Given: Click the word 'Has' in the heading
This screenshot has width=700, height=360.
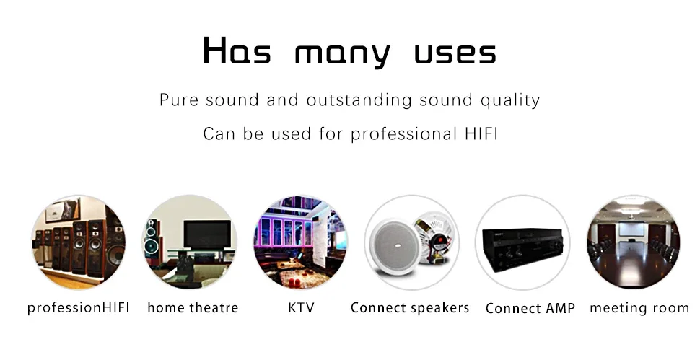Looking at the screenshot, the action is pyautogui.click(x=237, y=51).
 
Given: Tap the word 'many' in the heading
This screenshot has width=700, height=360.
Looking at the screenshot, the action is pyautogui.click(x=342, y=54).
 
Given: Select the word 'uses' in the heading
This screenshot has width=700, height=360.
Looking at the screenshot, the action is pyautogui.click(x=455, y=53).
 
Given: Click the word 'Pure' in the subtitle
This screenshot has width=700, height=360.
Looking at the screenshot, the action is pyautogui.click(x=178, y=100).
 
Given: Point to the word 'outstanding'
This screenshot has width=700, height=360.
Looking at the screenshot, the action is pyautogui.click(x=359, y=100).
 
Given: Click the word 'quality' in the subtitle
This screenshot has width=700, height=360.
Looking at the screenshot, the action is pyautogui.click(x=510, y=100).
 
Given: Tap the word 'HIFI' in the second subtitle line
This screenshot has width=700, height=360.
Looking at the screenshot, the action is pyautogui.click(x=481, y=133).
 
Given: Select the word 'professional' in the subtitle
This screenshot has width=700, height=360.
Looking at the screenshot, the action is pyautogui.click(x=403, y=134).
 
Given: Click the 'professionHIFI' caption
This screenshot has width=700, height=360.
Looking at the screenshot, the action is pyautogui.click(x=78, y=308).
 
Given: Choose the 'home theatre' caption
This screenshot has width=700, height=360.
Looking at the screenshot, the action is pyautogui.click(x=193, y=308).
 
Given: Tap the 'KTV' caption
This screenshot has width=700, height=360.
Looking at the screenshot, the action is pyautogui.click(x=302, y=308).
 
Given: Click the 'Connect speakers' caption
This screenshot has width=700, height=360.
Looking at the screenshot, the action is pyautogui.click(x=410, y=308).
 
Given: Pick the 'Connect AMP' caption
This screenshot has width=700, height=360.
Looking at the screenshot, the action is pyautogui.click(x=530, y=308).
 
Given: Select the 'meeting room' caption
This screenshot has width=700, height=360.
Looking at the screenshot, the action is pyautogui.click(x=639, y=308).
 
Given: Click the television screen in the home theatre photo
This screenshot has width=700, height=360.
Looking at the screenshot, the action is pyautogui.click(x=207, y=234).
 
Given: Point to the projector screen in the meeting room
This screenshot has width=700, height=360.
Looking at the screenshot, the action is pyautogui.click(x=631, y=229).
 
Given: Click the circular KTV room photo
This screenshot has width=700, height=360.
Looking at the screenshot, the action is pyautogui.click(x=300, y=242).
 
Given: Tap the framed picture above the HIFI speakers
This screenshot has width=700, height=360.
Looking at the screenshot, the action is pyautogui.click(x=63, y=210).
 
